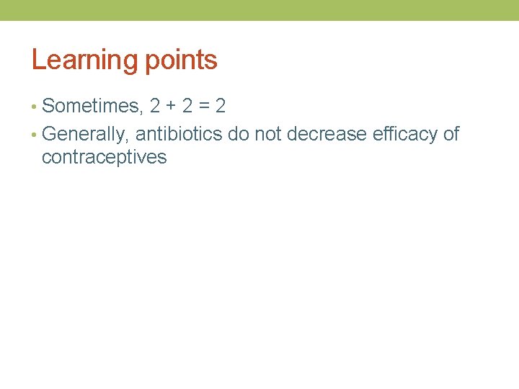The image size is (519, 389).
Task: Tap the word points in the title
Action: (x=181, y=60)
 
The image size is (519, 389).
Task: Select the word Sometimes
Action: (x=91, y=107)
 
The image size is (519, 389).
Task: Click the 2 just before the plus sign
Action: (x=155, y=107)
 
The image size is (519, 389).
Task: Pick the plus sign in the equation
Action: (x=170, y=107)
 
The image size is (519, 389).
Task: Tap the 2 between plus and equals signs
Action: (x=187, y=107)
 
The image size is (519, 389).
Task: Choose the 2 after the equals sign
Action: (x=220, y=107)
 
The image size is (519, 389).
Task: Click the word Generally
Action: (x=85, y=134)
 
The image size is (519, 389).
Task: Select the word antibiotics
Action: (x=179, y=134)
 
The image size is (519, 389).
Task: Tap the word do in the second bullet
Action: (x=239, y=134)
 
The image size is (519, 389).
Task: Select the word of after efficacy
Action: (x=451, y=134)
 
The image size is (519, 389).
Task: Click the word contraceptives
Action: (x=104, y=157)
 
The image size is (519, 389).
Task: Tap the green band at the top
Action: (x=259, y=10)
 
